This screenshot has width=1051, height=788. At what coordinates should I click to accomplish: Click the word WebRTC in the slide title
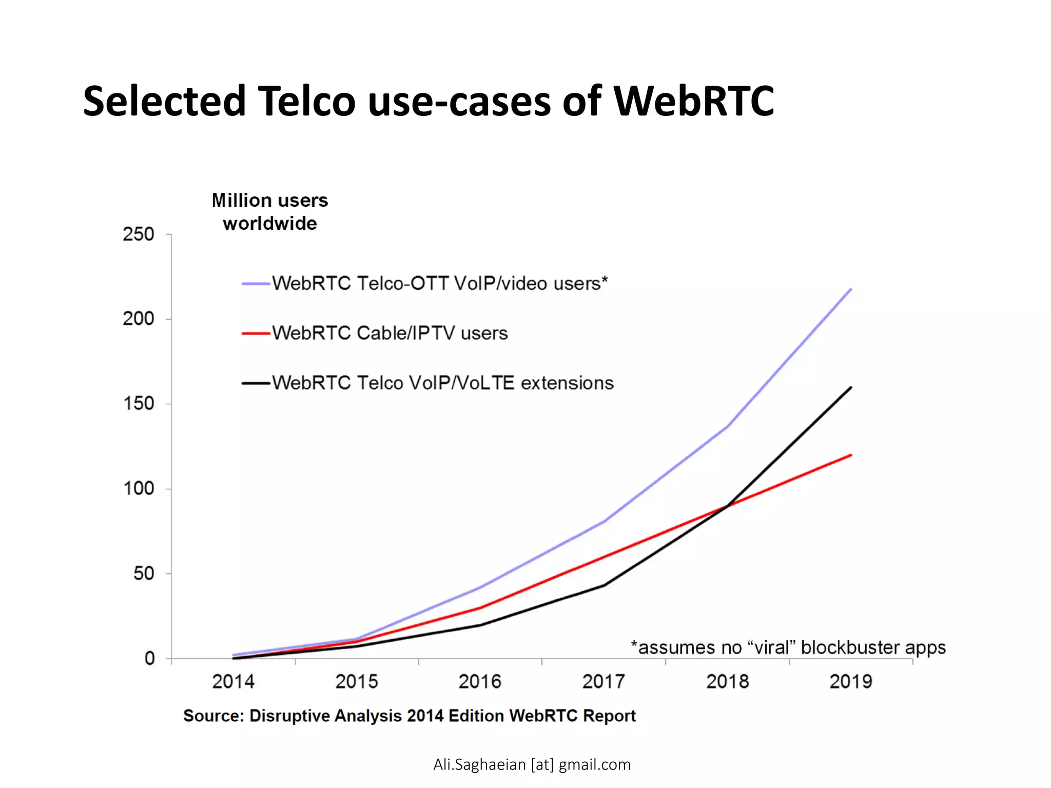click(x=693, y=101)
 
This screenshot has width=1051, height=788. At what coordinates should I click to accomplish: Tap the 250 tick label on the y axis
click(x=139, y=234)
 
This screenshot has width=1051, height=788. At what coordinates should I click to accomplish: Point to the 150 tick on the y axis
click(x=139, y=404)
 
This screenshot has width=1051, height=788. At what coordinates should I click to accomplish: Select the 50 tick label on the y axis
click(x=144, y=574)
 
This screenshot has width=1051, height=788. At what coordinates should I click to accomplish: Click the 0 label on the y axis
click(x=149, y=658)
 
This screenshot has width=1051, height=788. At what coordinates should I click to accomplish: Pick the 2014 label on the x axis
click(x=233, y=682)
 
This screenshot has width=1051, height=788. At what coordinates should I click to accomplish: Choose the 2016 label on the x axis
click(x=480, y=682)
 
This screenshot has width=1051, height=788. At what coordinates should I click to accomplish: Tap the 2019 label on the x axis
click(x=850, y=682)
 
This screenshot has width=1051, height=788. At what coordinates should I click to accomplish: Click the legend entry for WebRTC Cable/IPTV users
click(x=390, y=333)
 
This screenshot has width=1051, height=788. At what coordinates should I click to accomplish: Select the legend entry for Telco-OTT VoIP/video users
click(x=439, y=284)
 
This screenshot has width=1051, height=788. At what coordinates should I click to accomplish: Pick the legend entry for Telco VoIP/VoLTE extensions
click(x=442, y=383)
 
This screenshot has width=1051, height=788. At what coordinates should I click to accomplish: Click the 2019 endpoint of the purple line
click(x=851, y=289)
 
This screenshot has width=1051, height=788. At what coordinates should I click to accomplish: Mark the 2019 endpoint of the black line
click(x=851, y=387)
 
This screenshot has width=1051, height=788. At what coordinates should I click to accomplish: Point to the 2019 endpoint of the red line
click(x=851, y=455)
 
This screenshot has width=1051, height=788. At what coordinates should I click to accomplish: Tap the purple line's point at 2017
click(x=605, y=521)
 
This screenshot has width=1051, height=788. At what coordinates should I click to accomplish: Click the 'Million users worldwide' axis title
click(x=270, y=212)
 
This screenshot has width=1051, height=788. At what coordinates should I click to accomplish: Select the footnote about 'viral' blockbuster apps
click(x=788, y=647)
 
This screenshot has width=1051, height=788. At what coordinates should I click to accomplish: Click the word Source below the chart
click(x=213, y=716)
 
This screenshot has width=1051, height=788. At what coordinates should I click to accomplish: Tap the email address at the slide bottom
click(x=532, y=764)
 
